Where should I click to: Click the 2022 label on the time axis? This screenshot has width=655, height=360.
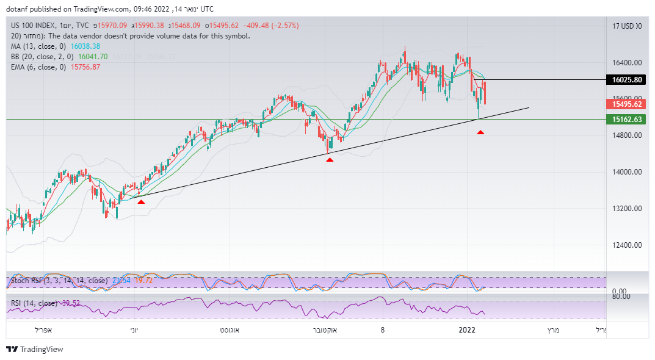pos(467,330)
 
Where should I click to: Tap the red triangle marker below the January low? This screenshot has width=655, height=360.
pos(480,132)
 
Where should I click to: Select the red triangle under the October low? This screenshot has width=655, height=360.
pos(330,160)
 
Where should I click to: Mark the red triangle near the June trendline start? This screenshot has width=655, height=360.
pos(141,201)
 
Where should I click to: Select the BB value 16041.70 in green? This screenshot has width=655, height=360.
pos(93,57)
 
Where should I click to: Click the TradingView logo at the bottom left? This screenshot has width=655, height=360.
pos(35,350)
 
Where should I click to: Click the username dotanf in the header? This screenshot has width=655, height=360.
pos(18,9)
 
